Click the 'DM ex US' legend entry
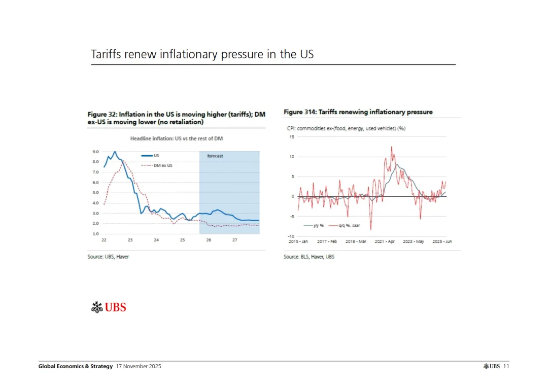click(x=163, y=165)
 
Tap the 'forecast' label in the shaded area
click(x=215, y=156)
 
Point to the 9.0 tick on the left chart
click(x=96, y=152)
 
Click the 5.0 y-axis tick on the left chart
click(x=96, y=193)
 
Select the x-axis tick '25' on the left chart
click(x=182, y=240)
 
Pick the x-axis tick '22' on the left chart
click(x=104, y=240)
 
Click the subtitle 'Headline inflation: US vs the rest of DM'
click(x=177, y=138)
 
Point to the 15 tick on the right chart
click(x=292, y=137)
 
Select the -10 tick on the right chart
click(x=291, y=236)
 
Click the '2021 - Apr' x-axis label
click(x=385, y=242)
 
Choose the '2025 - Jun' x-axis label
click(x=441, y=242)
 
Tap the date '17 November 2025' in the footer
click(x=139, y=366)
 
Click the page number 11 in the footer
click(x=506, y=366)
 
